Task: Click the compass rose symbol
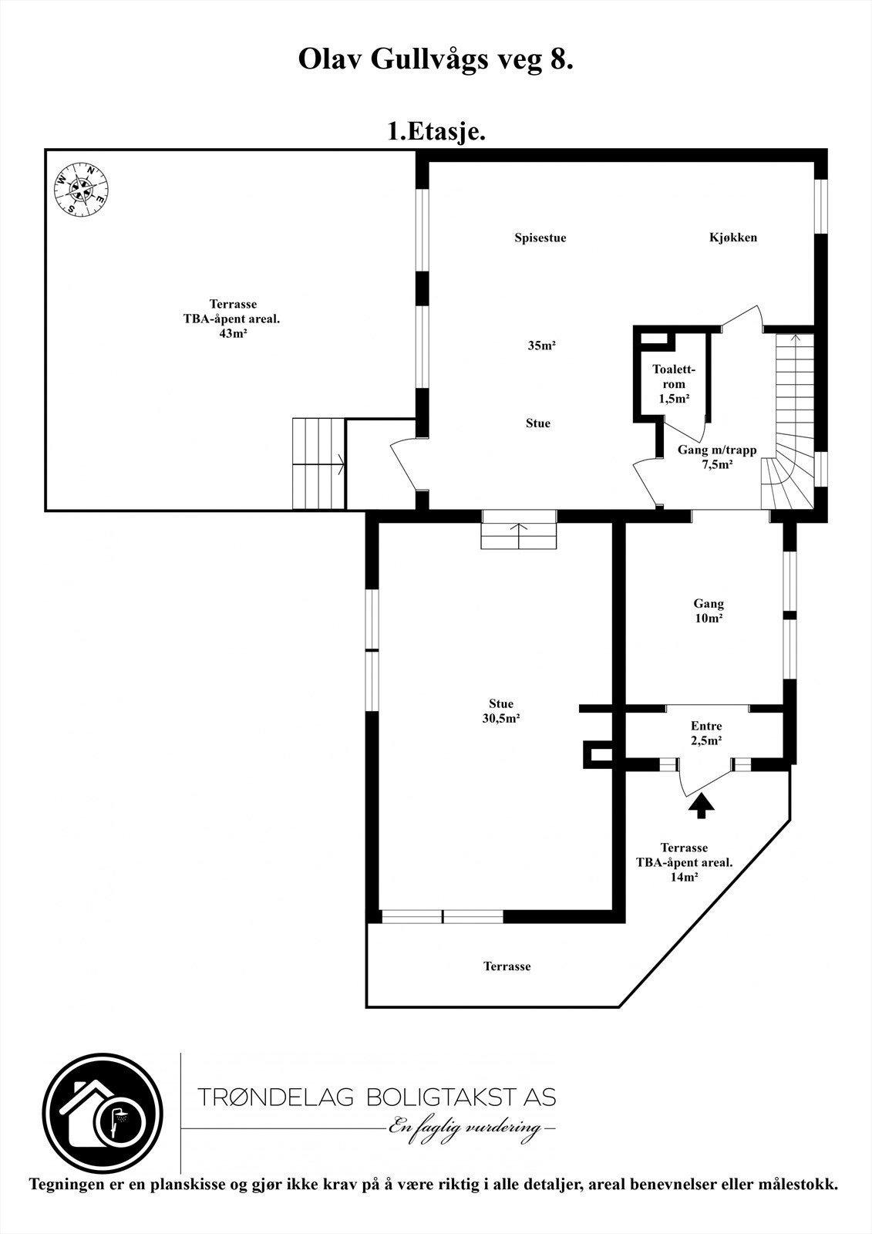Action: click(x=80, y=188)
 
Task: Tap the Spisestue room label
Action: click(x=540, y=238)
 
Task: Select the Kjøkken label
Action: click(x=732, y=238)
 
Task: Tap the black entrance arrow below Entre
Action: click(x=701, y=807)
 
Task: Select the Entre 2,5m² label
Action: click(x=705, y=733)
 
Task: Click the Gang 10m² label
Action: click(x=708, y=611)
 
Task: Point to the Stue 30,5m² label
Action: click(x=500, y=710)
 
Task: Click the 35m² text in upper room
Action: click(x=541, y=346)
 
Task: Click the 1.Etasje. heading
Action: click(x=436, y=132)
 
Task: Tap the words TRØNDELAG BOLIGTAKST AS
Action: click(x=376, y=1096)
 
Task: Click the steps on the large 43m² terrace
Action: click(x=317, y=464)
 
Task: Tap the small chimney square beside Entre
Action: click(x=598, y=754)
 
